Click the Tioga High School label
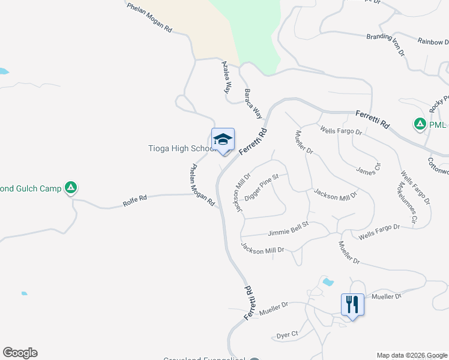[x=180, y=148]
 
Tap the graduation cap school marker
[x=223, y=140]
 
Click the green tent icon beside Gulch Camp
[x=71, y=188]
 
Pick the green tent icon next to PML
[x=420, y=125]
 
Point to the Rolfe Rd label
[x=135, y=199]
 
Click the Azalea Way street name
[x=226, y=77]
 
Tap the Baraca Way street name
[x=253, y=103]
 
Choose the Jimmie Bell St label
[x=288, y=227]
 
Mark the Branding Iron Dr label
[x=394, y=44]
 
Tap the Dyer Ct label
[x=287, y=334]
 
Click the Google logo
[x=20, y=353]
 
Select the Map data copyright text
[x=412, y=355]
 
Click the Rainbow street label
[x=433, y=42]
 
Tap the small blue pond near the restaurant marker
[x=327, y=281]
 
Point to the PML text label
[x=438, y=125]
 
